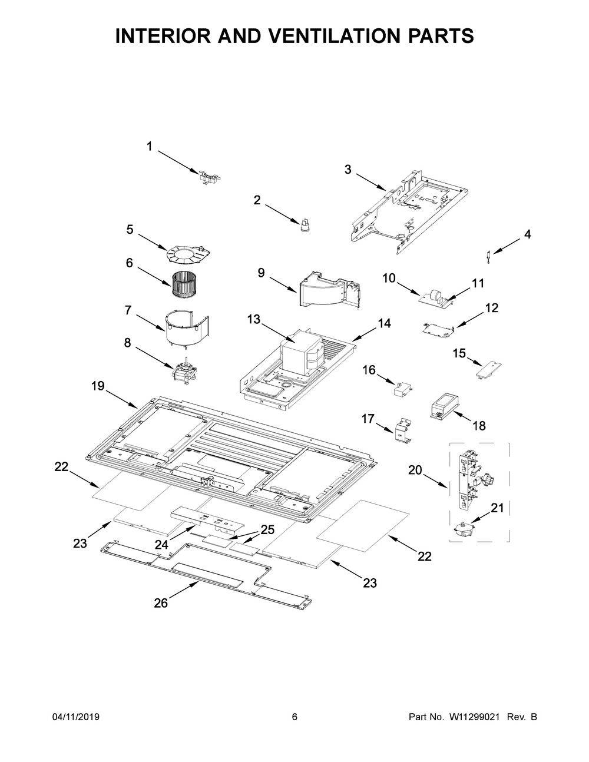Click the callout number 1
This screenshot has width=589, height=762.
(149, 147)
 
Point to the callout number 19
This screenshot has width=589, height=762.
(98, 386)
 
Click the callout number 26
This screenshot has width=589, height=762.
(161, 602)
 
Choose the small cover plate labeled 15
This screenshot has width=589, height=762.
(487, 370)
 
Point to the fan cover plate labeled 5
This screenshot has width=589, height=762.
(187, 254)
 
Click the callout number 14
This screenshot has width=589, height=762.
(384, 323)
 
